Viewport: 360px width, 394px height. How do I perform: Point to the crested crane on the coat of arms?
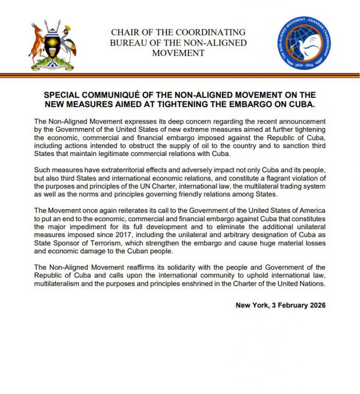[65, 44]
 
